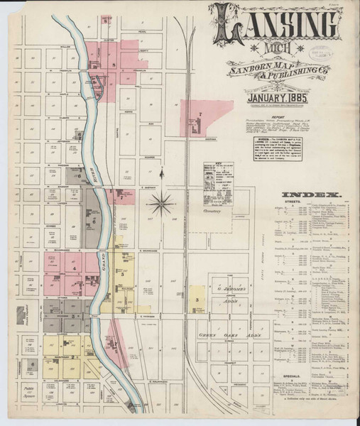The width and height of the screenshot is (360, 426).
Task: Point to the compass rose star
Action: click(x=162, y=204)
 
